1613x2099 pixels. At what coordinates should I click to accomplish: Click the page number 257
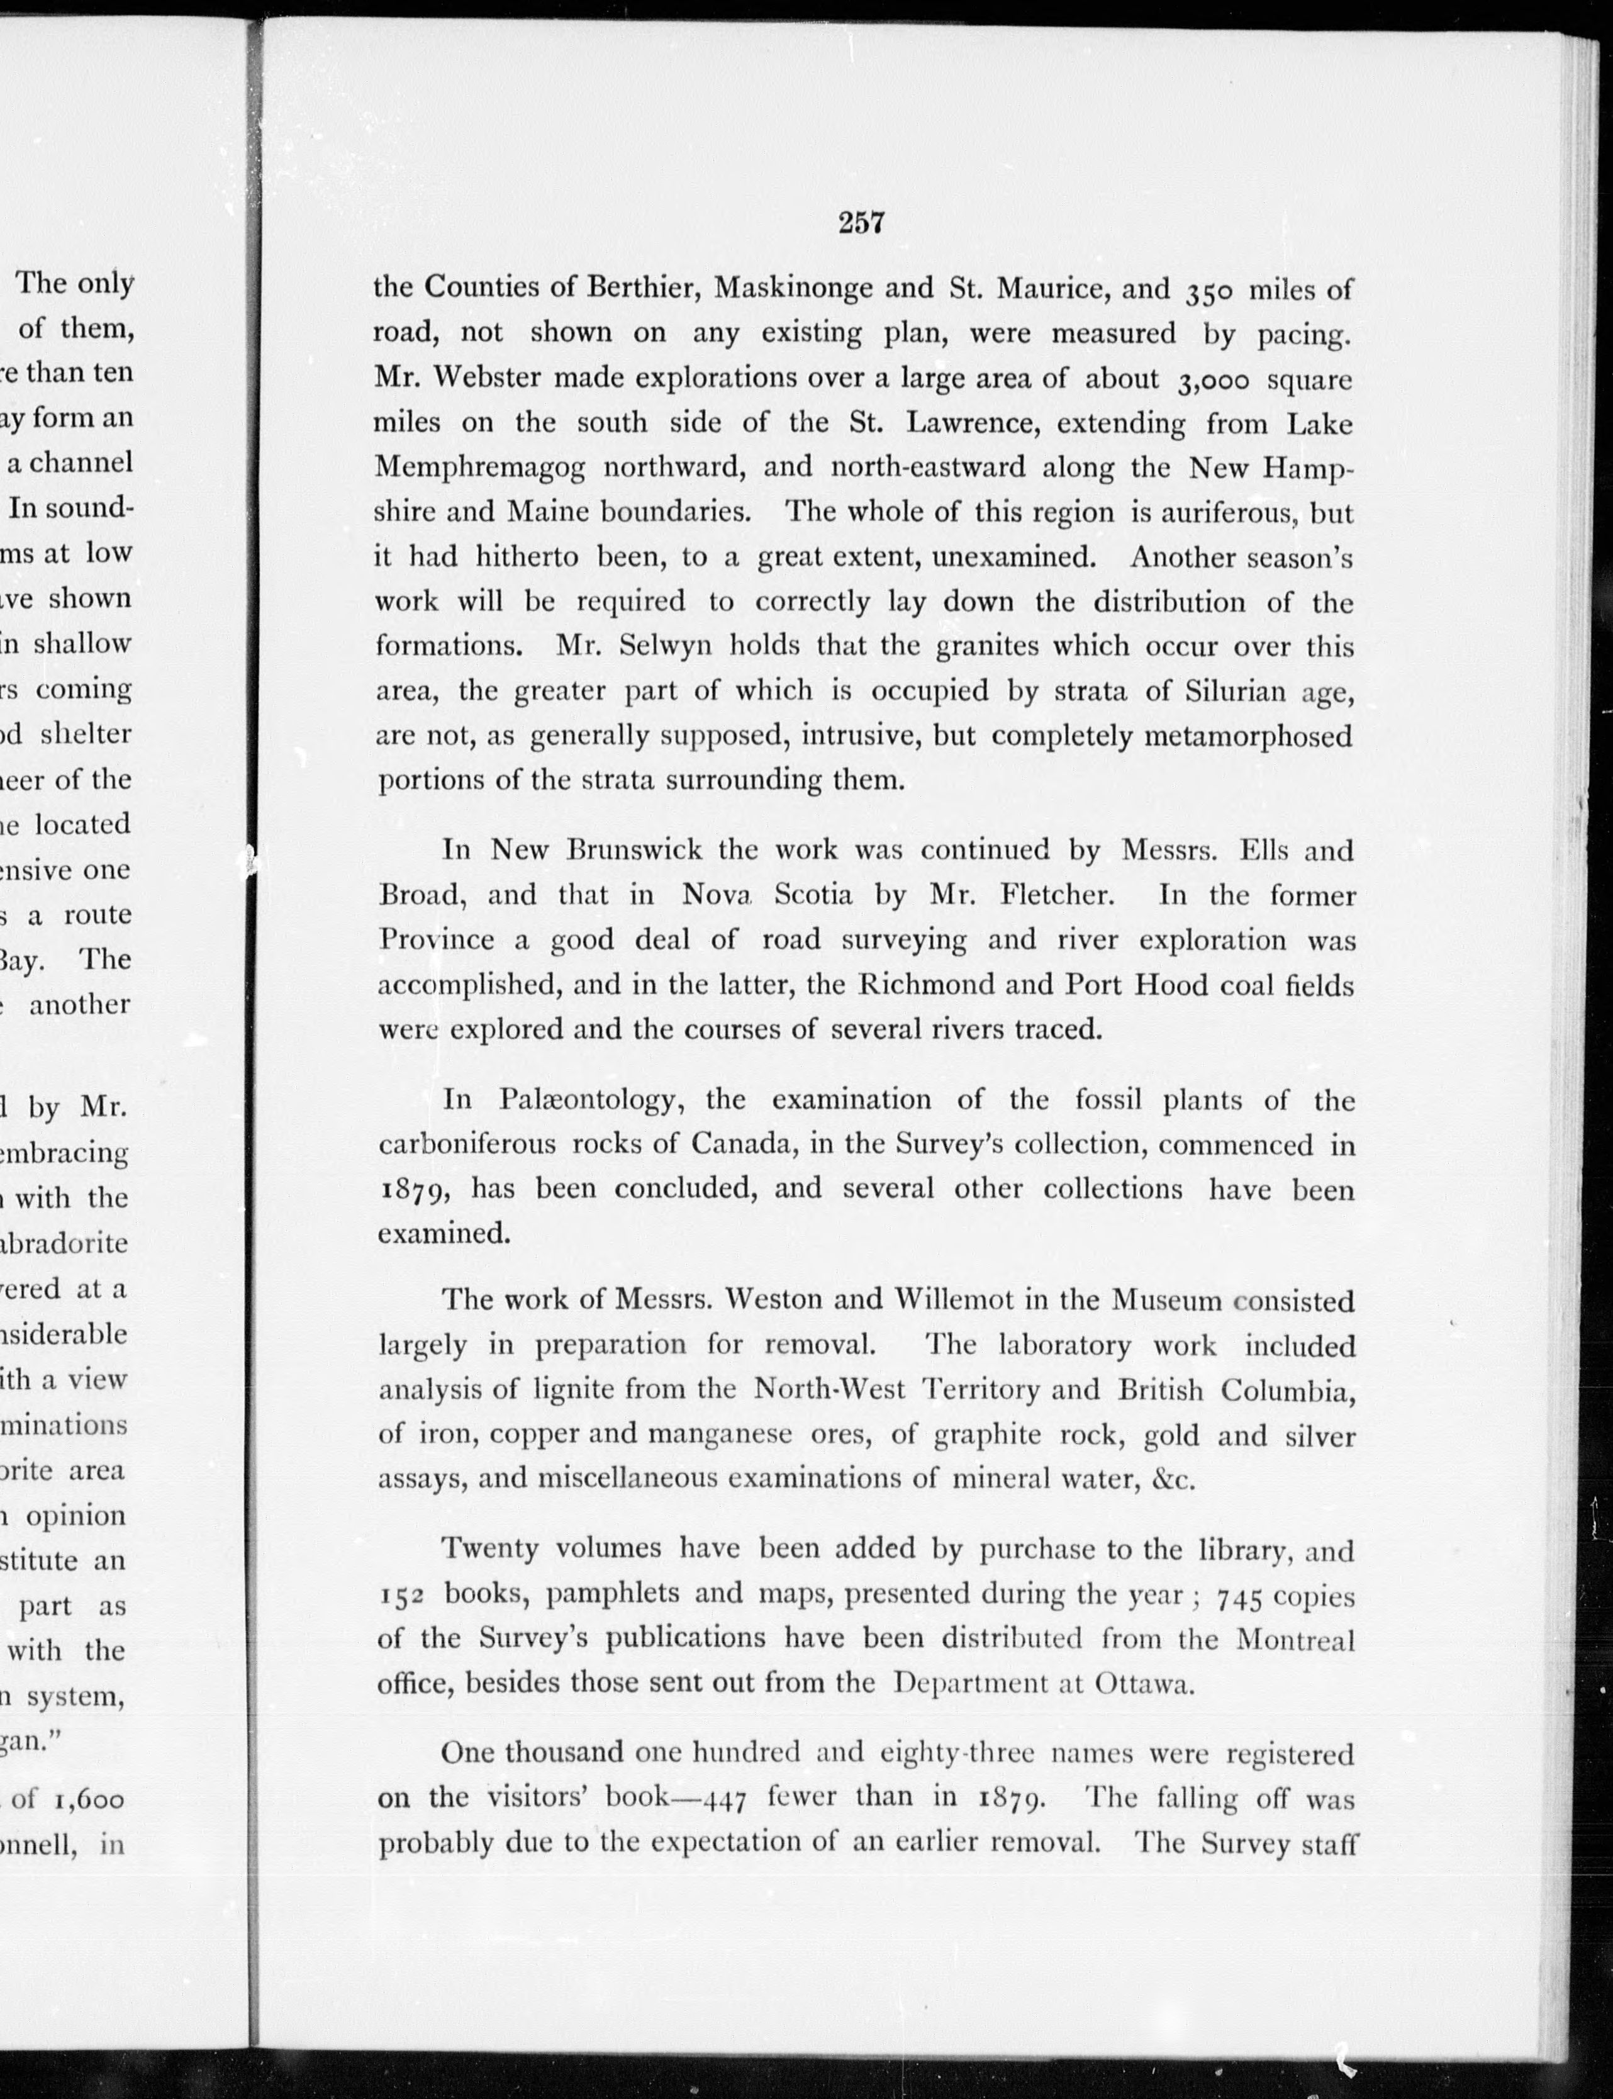tap(860, 223)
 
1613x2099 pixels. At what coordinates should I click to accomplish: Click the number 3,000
tap(1212, 380)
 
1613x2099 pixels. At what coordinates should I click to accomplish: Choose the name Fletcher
tap(1056, 895)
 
